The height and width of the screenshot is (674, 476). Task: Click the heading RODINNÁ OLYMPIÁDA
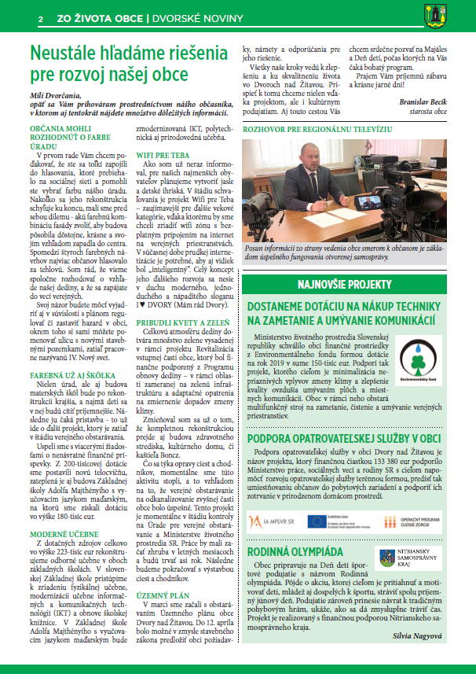coord(295,552)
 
